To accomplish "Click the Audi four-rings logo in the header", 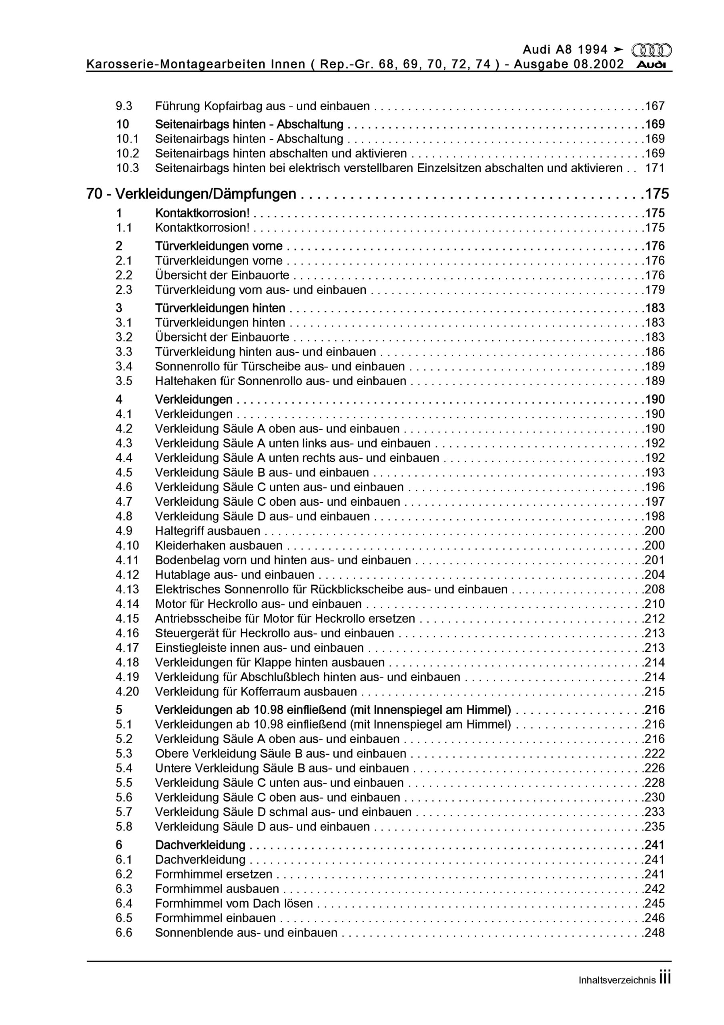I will pyautogui.click(x=651, y=50).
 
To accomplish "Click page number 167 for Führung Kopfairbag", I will pyautogui.click(x=654, y=106).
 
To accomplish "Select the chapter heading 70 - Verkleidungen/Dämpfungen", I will pyautogui.click(x=191, y=194).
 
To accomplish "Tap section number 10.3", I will pyautogui.click(x=127, y=168).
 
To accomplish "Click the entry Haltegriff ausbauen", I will pyautogui.click(x=208, y=531).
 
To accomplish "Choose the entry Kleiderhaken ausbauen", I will pyautogui.click(x=219, y=546).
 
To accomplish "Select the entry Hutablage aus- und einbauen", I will pyautogui.click(x=235, y=575).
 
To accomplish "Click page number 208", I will pyautogui.click(x=654, y=589).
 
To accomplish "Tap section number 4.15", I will pyautogui.click(x=127, y=619).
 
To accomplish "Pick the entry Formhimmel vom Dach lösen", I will pyautogui.click(x=234, y=904).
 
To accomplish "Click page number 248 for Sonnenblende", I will pyautogui.click(x=654, y=933).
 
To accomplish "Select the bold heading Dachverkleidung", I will pyautogui.click(x=200, y=845).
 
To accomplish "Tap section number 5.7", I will pyautogui.click(x=124, y=812).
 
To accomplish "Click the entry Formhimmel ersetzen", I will pyautogui.click(x=213, y=874).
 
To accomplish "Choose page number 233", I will pyautogui.click(x=654, y=812).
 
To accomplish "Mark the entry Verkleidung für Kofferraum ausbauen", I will pyautogui.click(x=256, y=691).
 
